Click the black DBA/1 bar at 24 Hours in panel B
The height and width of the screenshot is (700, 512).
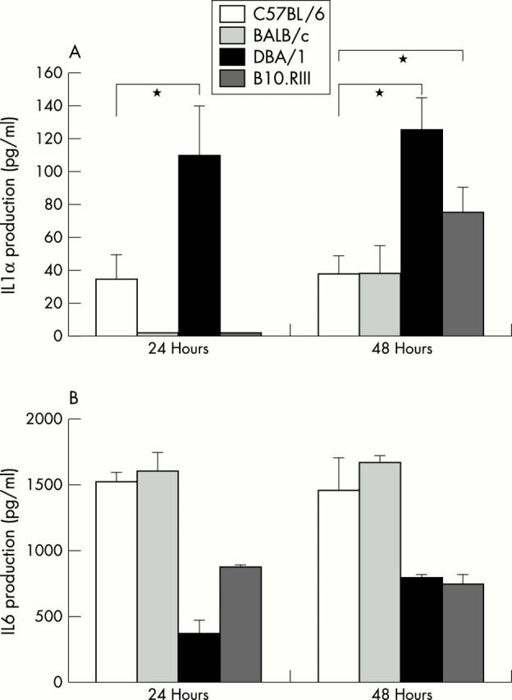[199, 657]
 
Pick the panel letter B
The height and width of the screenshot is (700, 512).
[74, 401]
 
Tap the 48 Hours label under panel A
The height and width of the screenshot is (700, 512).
[400, 348]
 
